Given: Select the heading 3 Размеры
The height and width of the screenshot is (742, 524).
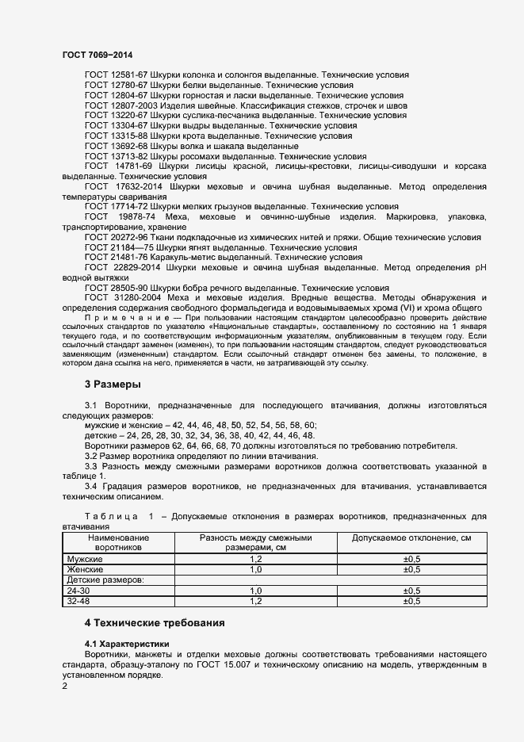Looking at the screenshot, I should [113, 384].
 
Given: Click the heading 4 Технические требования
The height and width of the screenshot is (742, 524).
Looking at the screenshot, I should [155, 623].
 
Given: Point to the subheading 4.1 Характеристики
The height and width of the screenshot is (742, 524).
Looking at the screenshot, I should [127, 643].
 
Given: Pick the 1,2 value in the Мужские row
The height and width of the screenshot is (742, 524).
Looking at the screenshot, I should [255, 559].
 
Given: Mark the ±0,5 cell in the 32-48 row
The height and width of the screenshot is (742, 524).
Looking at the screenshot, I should [411, 601].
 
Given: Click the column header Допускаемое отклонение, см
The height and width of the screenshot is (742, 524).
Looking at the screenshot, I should [411, 538].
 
